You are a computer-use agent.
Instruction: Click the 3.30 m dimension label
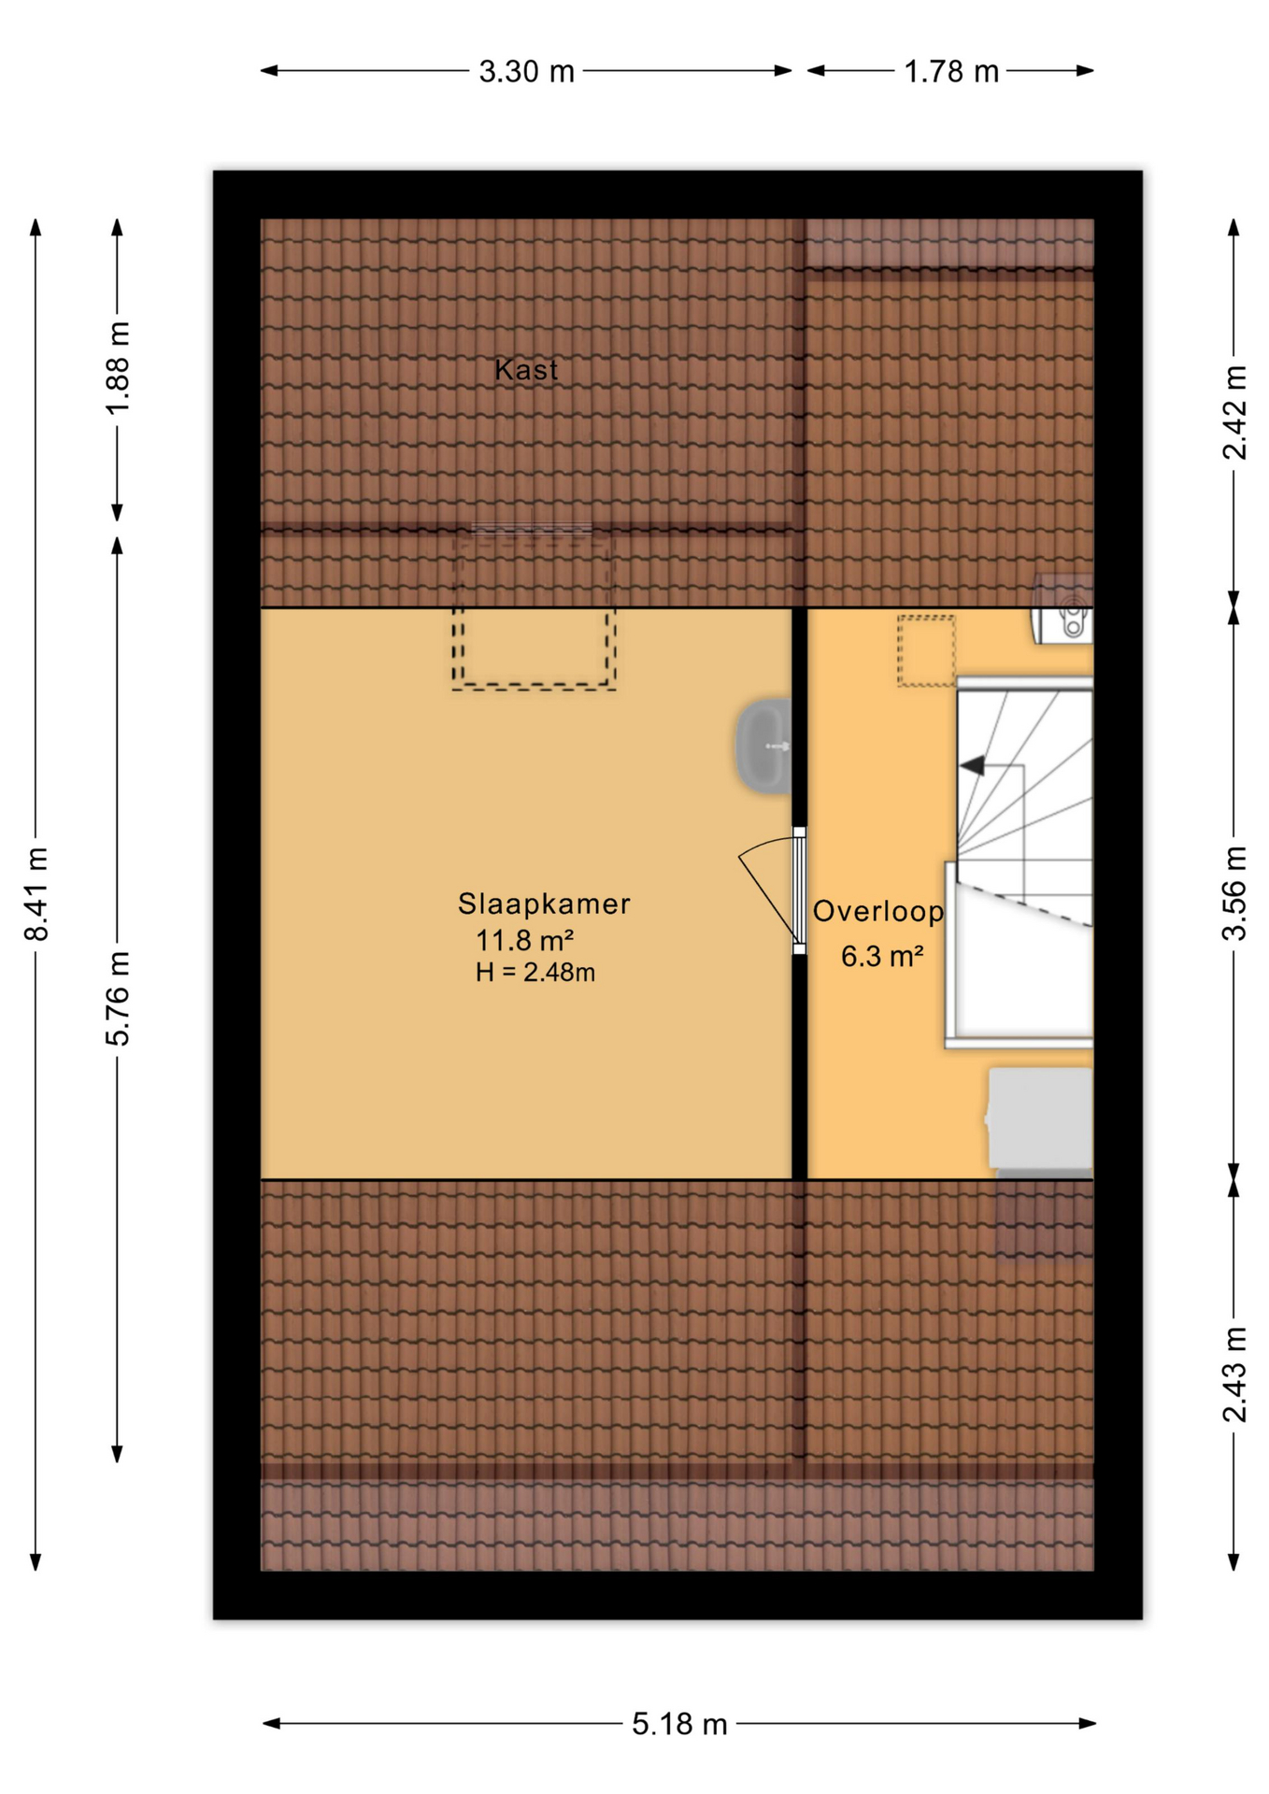click(526, 72)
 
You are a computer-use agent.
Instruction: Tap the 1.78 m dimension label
click(950, 72)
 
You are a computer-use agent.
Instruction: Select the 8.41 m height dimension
click(36, 894)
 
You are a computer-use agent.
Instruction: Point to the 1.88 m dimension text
click(118, 367)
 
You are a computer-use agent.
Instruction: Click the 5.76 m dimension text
click(118, 998)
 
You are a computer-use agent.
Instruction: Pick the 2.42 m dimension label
click(1234, 412)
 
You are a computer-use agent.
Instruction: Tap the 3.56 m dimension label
click(1234, 892)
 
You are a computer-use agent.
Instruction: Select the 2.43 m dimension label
click(1234, 1374)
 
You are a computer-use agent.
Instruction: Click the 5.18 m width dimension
click(679, 1724)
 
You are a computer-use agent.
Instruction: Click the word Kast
click(526, 370)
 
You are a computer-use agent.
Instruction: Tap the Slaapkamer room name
click(544, 904)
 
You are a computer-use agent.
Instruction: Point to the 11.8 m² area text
click(524, 939)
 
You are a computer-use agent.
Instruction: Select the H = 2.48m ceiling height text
click(535, 973)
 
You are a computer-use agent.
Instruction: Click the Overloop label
click(878, 911)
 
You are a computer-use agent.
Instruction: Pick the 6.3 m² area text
click(882, 956)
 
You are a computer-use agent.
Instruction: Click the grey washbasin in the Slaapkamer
click(763, 747)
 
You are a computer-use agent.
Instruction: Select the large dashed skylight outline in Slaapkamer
click(534, 609)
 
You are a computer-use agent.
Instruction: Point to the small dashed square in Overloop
click(926, 651)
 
